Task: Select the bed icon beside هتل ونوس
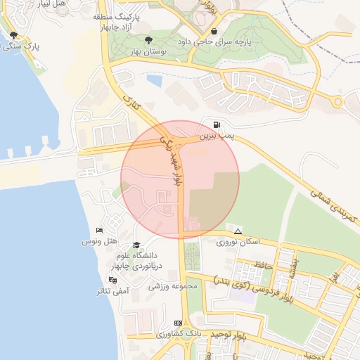pos(99,231)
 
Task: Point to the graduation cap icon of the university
pos(135,245)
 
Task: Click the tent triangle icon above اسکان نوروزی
pos(238,231)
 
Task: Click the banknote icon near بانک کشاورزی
pos(178,323)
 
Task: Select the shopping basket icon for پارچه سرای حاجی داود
pos(214,32)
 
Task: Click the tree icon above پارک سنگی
pos(14,36)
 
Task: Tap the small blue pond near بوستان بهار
pos(155,80)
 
